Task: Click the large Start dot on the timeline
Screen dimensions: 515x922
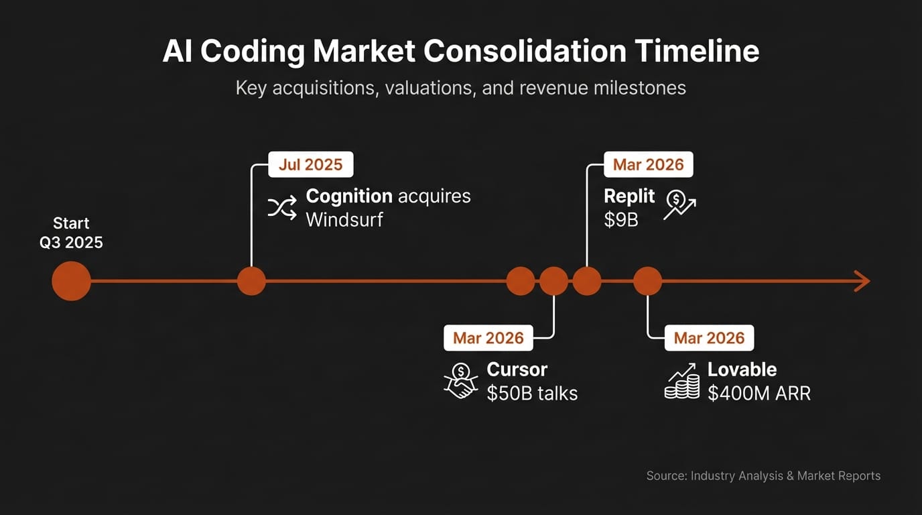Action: pyautogui.click(x=71, y=281)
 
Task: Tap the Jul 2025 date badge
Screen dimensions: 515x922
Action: pyautogui.click(x=310, y=164)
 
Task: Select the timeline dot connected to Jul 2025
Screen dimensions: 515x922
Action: pyautogui.click(x=251, y=281)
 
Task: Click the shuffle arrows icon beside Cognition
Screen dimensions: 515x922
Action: pyautogui.click(x=282, y=208)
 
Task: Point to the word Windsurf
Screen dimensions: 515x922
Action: pyautogui.click(x=344, y=219)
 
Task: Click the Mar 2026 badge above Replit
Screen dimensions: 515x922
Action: pyautogui.click(x=648, y=164)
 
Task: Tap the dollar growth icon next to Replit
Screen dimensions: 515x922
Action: pyautogui.click(x=679, y=205)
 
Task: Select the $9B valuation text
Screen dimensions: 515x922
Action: pyautogui.click(x=621, y=219)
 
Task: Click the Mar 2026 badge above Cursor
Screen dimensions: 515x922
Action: pyautogui.click(x=488, y=337)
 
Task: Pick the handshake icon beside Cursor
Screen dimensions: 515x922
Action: pyautogui.click(x=461, y=380)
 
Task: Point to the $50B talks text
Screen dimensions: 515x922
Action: pyautogui.click(x=532, y=393)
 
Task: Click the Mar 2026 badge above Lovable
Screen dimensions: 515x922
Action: pyautogui.click(x=709, y=337)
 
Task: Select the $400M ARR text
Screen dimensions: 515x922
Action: pyautogui.click(x=759, y=393)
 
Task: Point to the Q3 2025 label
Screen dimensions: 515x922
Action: pyautogui.click(x=71, y=242)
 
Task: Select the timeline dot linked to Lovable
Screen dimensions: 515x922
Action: pyautogui.click(x=647, y=281)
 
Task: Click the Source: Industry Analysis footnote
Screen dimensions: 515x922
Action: pyautogui.click(x=763, y=475)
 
